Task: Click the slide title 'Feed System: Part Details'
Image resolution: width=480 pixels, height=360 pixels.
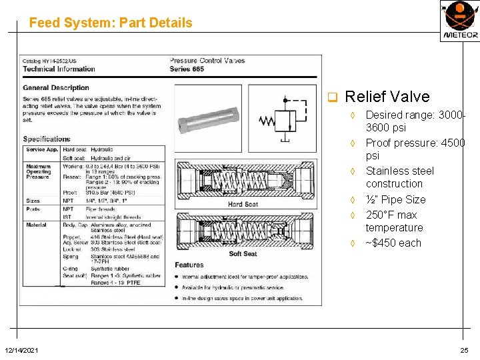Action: pyautogui.click(x=111, y=23)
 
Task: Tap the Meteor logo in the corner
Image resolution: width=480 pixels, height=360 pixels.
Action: pyautogui.click(x=459, y=21)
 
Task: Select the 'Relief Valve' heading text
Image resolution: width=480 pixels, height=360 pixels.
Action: pyautogui.click(x=387, y=97)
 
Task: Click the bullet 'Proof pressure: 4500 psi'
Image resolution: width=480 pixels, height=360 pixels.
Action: pyautogui.click(x=415, y=149)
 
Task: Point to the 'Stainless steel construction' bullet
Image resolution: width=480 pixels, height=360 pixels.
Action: pyautogui.click(x=399, y=177)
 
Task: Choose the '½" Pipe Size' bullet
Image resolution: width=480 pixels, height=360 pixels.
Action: pyautogui.click(x=395, y=199)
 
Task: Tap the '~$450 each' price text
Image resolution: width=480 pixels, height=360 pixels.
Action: pyautogui.click(x=393, y=243)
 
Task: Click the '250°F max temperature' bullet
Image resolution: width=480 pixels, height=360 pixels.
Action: pyautogui.click(x=394, y=221)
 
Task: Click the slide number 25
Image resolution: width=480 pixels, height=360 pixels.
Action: pyautogui.click(x=464, y=350)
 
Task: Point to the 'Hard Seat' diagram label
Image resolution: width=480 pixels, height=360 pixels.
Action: pyautogui.click(x=243, y=204)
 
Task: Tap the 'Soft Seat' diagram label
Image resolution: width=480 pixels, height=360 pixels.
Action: pyautogui.click(x=243, y=254)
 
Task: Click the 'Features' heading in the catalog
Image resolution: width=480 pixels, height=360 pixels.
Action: pyautogui.click(x=189, y=265)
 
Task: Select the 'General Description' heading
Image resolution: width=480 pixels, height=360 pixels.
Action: pyautogui.click(x=56, y=87)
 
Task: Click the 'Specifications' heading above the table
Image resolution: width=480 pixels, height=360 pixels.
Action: pyautogui.click(x=47, y=139)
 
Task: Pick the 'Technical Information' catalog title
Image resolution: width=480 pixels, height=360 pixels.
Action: pyautogui.click(x=59, y=69)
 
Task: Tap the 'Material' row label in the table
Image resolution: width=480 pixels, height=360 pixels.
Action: pyautogui.click(x=36, y=225)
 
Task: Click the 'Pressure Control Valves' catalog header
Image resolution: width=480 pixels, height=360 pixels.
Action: pyautogui.click(x=207, y=61)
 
